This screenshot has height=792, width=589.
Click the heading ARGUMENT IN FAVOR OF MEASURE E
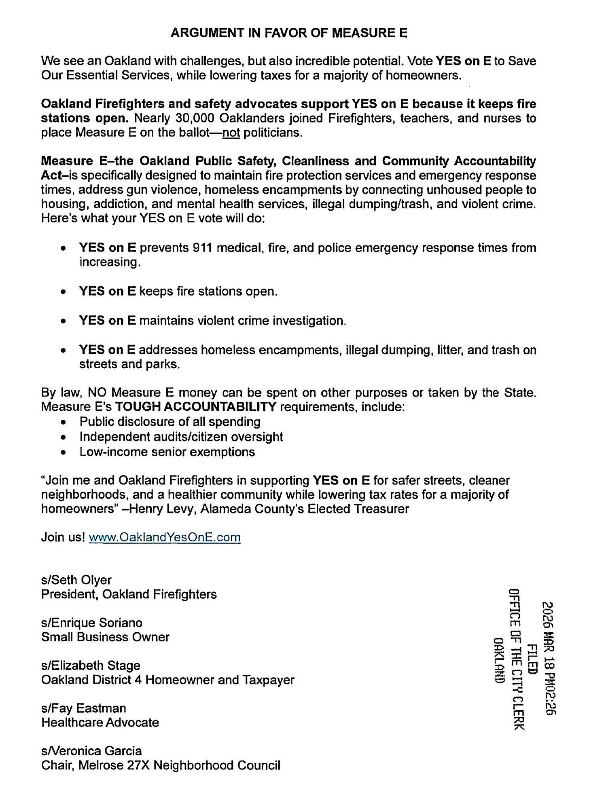click(289, 33)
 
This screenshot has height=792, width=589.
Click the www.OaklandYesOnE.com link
click(164, 537)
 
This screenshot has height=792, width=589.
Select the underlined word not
click(232, 133)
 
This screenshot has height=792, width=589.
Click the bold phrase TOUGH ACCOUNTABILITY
click(196, 407)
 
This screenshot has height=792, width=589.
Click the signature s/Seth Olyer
click(76, 580)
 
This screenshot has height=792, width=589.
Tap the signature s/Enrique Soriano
click(92, 623)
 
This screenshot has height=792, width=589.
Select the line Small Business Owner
click(105, 637)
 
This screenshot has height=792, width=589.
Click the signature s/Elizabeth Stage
click(91, 665)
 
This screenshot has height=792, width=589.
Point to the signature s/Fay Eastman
click(83, 708)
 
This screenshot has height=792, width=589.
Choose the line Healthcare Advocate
click(100, 722)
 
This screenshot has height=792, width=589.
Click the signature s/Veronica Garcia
click(91, 751)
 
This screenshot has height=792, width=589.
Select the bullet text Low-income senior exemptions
click(167, 452)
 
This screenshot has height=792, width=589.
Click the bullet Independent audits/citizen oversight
click(181, 437)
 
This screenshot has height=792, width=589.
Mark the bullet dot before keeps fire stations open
click(63, 292)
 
